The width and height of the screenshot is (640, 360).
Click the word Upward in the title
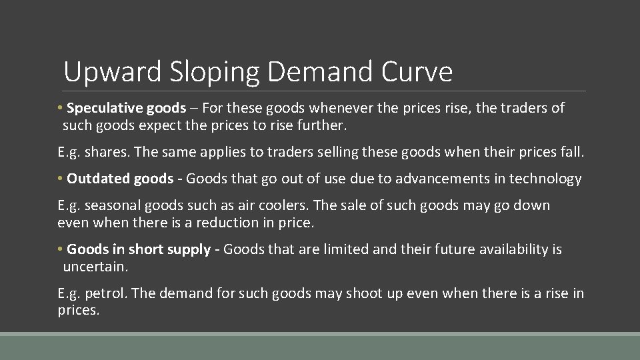tap(113, 72)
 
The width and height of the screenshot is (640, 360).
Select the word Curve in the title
tap(417, 72)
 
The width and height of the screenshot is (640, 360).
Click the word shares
tap(106, 152)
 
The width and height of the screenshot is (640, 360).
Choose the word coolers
tap(281, 205)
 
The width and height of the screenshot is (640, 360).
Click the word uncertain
tap(94, 267)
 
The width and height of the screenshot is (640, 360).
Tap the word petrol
tap(105, 293)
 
